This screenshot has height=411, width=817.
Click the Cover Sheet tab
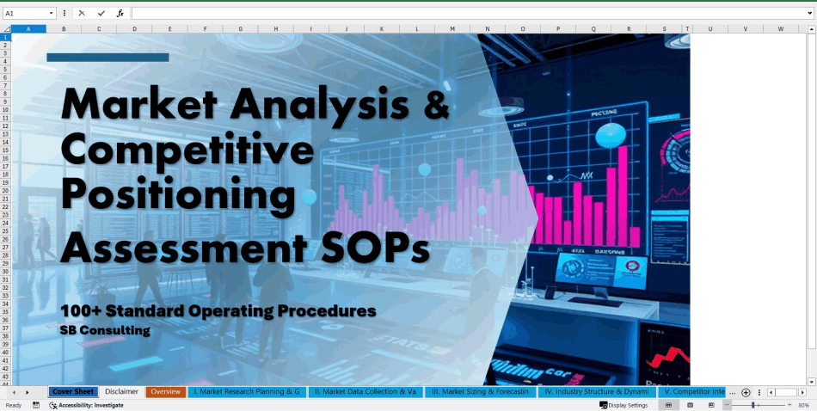click(72, 392)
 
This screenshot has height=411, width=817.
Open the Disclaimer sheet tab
click(122, 392)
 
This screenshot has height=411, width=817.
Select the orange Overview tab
click(165, 392)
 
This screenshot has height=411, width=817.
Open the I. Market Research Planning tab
click(246, 392)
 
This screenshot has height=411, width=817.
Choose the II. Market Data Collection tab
click(365, 392)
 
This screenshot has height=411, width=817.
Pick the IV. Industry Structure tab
click(597, 392)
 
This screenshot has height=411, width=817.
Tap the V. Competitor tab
click(694, 392)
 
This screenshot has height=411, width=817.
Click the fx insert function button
click(120, 14)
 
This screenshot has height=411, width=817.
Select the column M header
click(451, 29)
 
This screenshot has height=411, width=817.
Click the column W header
click(780, 29)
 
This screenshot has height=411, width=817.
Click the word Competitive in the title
click(187, 151)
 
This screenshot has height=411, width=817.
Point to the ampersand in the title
click(438, 105)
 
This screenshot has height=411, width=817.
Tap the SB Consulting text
click(105, 330)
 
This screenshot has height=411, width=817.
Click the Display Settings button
click(623, 405)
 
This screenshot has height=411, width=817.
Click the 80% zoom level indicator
click(803, 405)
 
